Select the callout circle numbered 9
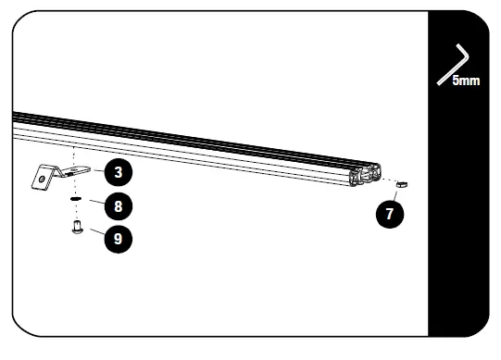pyautogui.click(x=117, y=238)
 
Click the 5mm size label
pyautogui.click(x=465, y=81)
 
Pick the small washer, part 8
pyautogui.click(x=74, y=198)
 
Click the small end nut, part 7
pyautogui.click(x=402, y=182)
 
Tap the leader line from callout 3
pyautogui.click(x=96, y=170)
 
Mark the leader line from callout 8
pyautogui.click(x=92, y=201)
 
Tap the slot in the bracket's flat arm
pyautogui.click(x=80, y=169)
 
